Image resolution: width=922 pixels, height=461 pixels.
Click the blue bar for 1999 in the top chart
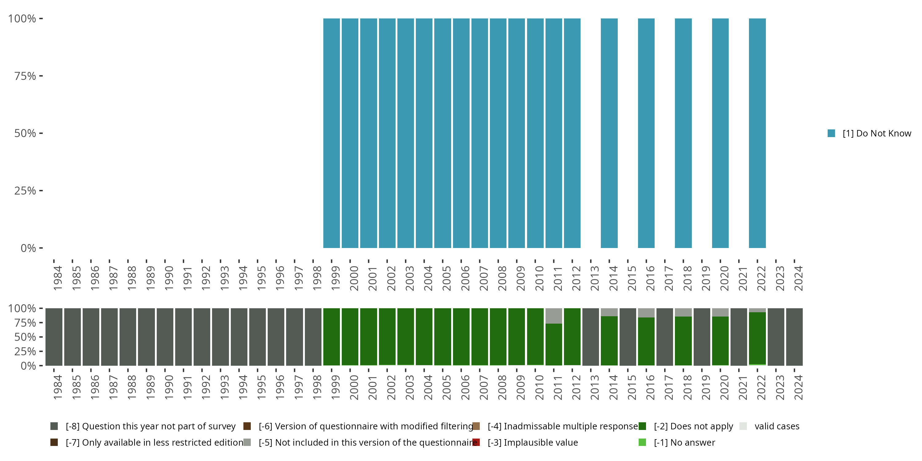point(331,133)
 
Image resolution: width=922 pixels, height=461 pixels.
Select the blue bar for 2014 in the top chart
point(609,133)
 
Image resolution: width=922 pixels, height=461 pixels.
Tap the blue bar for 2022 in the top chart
point(757,133)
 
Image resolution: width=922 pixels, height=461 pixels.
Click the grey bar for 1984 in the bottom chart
point(54,337)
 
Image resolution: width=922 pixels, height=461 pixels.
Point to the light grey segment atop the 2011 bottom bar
point(554,316)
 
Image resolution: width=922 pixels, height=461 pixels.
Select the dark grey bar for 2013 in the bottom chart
point(591,337)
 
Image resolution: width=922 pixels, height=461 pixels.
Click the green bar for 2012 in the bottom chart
point(572,337)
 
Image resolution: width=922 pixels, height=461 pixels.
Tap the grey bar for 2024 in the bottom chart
point(794,337)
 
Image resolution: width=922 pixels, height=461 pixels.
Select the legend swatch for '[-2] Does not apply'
point(642,426)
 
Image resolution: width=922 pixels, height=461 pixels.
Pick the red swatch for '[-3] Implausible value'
point(476,442)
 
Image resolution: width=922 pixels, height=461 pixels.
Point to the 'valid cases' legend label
point(777,426)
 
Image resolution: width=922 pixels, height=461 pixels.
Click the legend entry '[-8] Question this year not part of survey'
point(150,426)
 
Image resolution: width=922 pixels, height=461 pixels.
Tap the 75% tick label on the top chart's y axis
point(25,76)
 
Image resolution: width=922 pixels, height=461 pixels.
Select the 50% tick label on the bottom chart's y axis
point(25,337)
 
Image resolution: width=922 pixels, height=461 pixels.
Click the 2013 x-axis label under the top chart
point(594,278)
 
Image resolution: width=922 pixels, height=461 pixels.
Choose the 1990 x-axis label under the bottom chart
point(169,387)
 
